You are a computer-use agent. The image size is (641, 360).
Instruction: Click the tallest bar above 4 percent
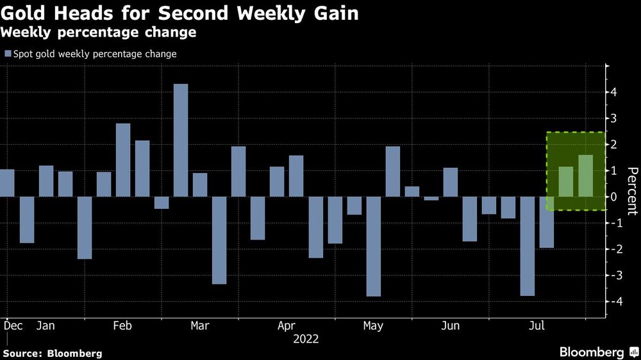[x=181, y=140]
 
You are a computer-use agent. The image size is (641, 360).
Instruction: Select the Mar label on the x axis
[x=199, y=326]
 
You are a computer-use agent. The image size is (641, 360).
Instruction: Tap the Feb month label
[x=122, y=326]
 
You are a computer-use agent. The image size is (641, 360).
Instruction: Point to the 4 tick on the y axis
[x=614, y=92]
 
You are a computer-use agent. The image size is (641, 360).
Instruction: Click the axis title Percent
[x=632, y=191]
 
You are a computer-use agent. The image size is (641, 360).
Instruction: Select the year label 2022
[x=306, y=339]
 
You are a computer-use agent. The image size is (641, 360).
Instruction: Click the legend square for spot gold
[x=8, y=54]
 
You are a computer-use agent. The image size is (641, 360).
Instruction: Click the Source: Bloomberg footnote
[x=52, y=353]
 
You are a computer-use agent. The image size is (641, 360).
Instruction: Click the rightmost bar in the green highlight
[x=585, y=176]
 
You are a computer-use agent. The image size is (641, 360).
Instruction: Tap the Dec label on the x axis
[x=13, y=326]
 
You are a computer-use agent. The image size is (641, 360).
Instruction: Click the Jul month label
[x=536, y=326]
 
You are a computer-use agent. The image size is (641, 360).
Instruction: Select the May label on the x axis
[x=373, y=326]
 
